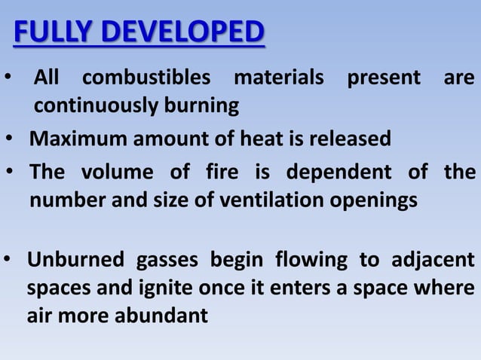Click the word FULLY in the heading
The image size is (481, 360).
pyautogui.click(x=53, y=34)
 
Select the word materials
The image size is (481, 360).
pyautogui.click(x=280, y=78)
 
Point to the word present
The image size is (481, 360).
pyautogui.click(x=384, y=78)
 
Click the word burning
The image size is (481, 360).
pyautogui.click(x=202, y=107)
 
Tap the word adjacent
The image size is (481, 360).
pyautogui.click(x=431, y=261)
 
